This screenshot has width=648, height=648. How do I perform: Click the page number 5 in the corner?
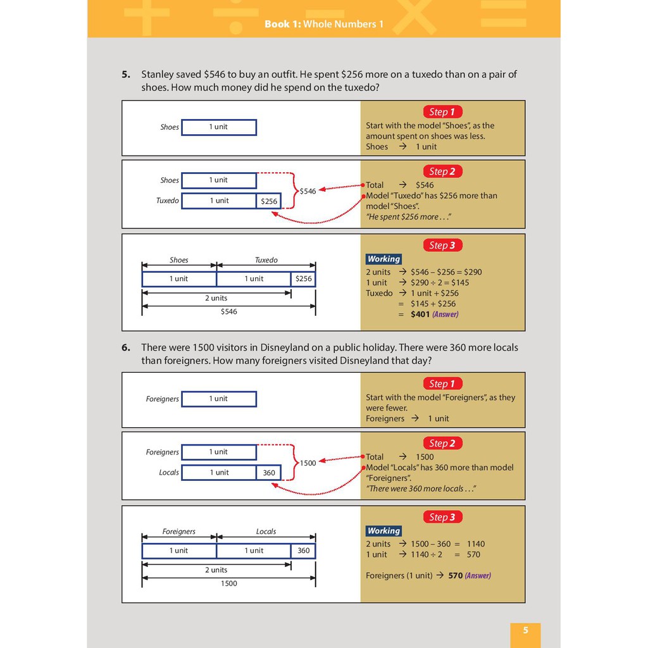525,630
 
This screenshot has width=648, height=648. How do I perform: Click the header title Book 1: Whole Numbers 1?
324,24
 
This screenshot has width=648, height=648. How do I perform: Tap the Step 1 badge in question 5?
442,112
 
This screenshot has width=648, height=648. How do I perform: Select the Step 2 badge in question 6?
442,443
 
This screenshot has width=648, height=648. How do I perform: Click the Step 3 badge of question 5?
442,245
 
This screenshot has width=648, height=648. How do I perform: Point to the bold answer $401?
420,314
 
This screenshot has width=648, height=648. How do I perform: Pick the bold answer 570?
455,576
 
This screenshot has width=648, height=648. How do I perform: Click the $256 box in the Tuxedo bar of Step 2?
269,201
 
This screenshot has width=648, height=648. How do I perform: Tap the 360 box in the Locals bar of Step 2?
269,473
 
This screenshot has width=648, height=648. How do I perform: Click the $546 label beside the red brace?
308,191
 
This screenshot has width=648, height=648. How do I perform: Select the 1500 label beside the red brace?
308,463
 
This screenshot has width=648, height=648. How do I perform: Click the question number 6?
126,347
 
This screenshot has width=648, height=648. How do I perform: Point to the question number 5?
126,74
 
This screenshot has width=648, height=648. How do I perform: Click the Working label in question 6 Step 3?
383,531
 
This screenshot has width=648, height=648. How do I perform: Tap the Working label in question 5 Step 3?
383,259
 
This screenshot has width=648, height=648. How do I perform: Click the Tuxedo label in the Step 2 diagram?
168,201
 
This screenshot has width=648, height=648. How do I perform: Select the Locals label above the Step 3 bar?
266,532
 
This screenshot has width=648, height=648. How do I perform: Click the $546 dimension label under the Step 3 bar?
228,311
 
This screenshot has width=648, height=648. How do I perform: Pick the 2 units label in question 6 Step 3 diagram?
216,570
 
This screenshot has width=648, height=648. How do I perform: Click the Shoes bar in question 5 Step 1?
219,127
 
